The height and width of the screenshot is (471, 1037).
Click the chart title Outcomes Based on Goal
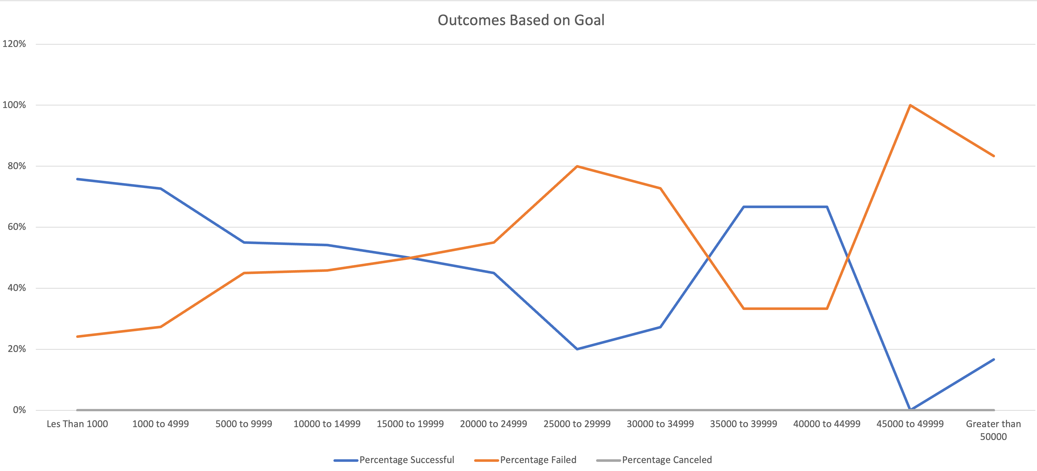coord(521,20)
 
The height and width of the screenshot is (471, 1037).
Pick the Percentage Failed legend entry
coord(538,460)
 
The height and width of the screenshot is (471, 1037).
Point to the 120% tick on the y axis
coord(14,44)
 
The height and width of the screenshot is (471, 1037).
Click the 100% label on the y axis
coord(14,105)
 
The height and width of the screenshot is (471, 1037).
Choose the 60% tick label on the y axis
coord(16,227)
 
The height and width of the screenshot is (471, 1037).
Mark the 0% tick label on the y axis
coord(19,410)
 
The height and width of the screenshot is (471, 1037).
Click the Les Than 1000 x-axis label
coord(77,424)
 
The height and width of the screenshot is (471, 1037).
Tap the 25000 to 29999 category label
coord(577,424)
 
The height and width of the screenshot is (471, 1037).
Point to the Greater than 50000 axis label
coord(993,430)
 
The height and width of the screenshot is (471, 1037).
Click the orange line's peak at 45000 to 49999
coord(910,105)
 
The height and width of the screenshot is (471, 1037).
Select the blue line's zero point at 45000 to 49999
coord(910,409)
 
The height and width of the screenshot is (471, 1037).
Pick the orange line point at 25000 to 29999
coord(577,166)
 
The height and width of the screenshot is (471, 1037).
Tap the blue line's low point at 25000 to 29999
coord(577,349)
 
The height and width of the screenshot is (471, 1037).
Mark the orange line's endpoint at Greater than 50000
coord(993,156)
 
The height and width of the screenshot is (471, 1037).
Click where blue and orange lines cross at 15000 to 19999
coord(410,258)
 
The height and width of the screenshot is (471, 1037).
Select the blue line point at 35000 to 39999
coord(744,207)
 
